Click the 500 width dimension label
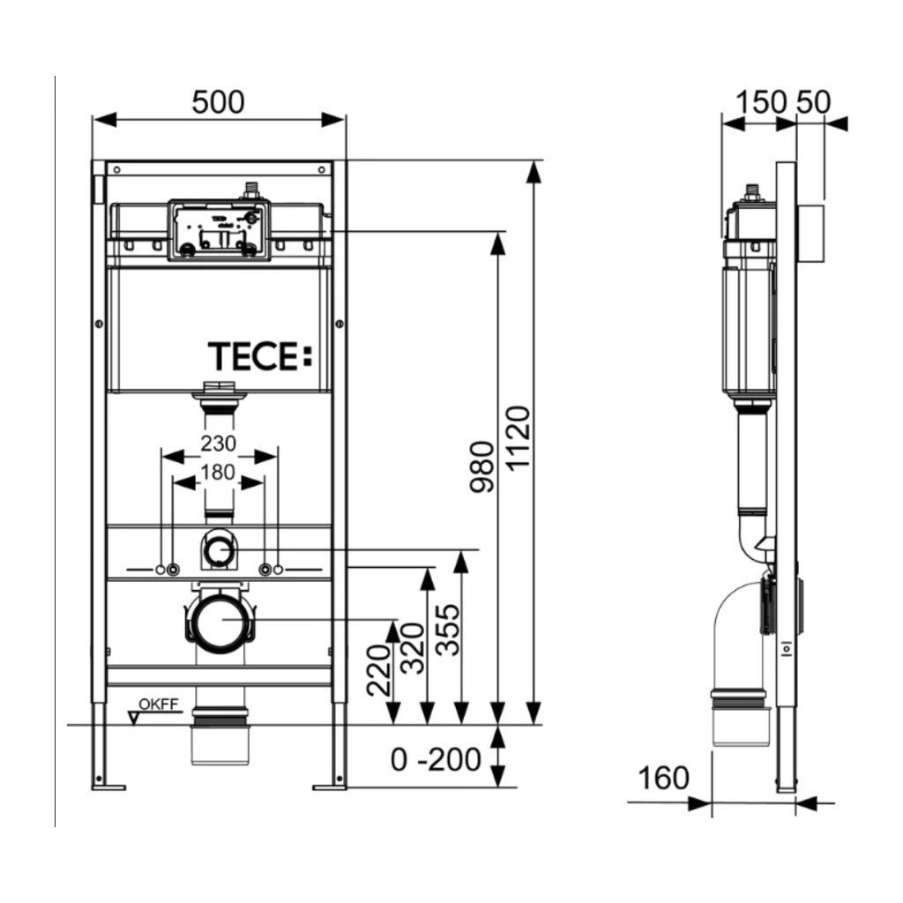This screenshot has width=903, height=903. tap(219, 102)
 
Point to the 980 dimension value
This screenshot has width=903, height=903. tap(483, 467)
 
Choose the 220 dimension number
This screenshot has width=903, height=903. tap(378, 671)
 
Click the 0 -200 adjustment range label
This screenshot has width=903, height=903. tap(437, 758)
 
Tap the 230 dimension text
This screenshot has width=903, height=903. tap(218, 442)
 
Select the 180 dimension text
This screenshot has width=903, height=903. tap(217, 472)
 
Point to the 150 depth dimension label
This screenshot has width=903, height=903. tap(761, 102)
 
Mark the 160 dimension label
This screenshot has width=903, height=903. tap(662, 778)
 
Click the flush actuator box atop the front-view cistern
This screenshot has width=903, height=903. tap(217, 229)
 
